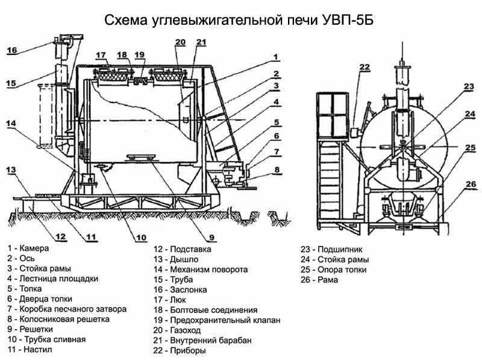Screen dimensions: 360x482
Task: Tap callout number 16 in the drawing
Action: click(x=12, y=51)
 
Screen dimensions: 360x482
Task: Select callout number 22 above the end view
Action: click(x=364, y=67)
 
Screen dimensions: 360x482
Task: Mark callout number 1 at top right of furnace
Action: click(x=275, y=57)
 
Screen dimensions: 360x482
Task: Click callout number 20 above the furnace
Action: click(x=180, y=42)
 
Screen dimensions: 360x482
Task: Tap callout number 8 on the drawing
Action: click(x=277, y=170)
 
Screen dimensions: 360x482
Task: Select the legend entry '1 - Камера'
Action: click(x=28, y=248)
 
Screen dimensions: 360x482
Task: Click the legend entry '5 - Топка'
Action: click(x=27, y=289)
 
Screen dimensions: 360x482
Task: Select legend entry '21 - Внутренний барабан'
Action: click(x=202, y=340)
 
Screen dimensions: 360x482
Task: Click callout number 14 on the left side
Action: click(x=13, y=124)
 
